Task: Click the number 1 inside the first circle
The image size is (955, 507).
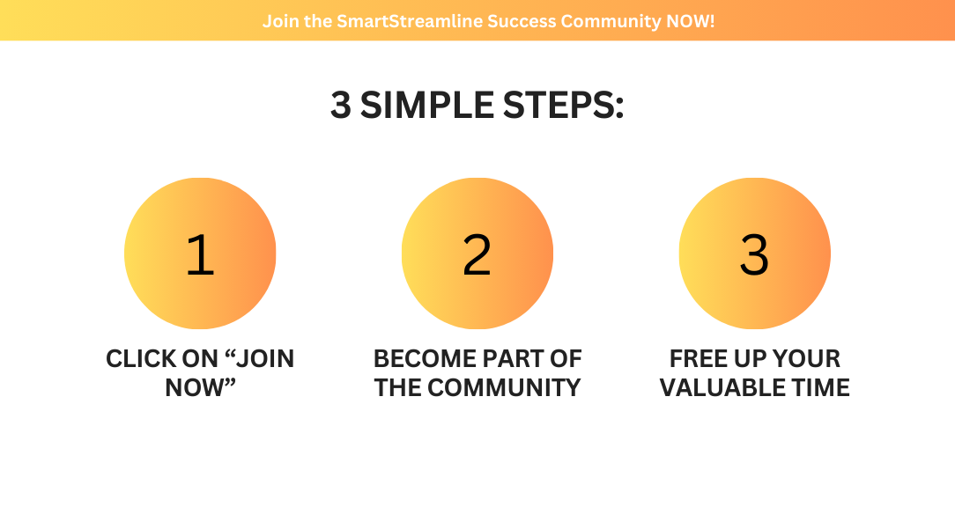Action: click(200, 254)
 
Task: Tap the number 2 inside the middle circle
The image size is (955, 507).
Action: click(477, 254)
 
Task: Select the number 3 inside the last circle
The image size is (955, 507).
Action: click(754, 254)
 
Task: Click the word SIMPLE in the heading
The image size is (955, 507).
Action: click(427, 105)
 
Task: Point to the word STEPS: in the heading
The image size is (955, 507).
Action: click(563, 105)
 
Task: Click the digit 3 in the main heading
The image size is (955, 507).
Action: click(341, 105)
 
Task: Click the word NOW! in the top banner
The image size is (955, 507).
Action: click(690, 21)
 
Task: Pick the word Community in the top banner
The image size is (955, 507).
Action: click(611, 22)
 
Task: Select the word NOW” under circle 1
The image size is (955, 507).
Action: click(200, 387)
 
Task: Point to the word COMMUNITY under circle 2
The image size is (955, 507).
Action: click(504, 387)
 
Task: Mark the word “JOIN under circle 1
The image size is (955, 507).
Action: click(260, 358)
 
